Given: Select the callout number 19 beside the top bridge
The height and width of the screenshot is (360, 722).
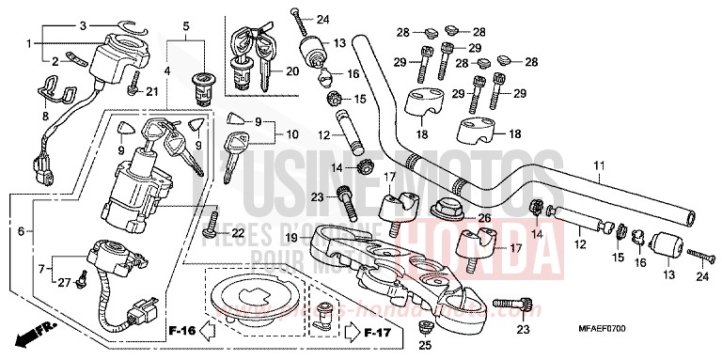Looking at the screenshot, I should [292, 239].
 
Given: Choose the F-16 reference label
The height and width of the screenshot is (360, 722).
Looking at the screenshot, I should [182, 330].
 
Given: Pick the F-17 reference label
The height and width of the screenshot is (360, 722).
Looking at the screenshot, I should [378, 330].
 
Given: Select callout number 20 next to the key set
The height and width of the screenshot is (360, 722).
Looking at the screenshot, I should [291, 71].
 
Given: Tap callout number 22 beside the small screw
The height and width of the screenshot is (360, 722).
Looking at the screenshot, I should [238, 233].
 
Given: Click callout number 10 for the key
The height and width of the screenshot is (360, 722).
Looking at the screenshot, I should [292, 133].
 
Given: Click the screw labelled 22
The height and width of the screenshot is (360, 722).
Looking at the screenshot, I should [212, 232].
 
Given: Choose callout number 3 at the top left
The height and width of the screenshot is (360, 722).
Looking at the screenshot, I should [83, 24].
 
